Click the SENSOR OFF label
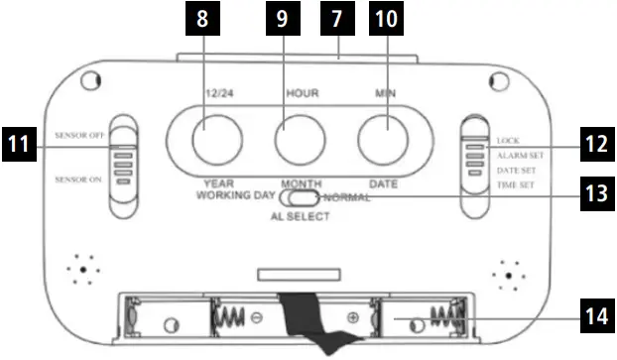81,133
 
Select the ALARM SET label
520,156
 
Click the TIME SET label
516,185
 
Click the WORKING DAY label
234,197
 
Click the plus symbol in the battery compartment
352,318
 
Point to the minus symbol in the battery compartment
255,318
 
